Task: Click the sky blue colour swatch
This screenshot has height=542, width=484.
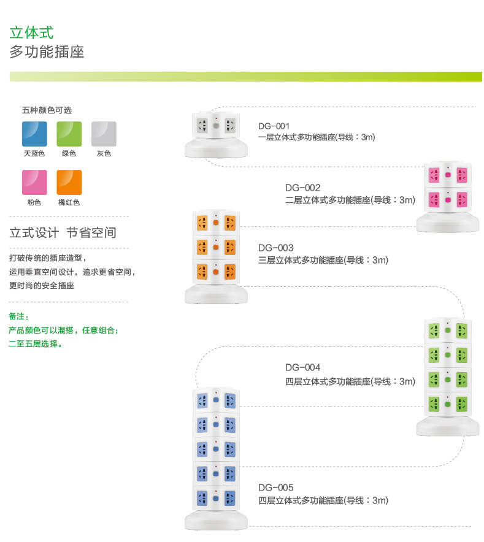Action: [34, 134]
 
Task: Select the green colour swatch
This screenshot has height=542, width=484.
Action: [69, 134]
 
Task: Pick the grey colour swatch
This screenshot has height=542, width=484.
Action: [104, 134]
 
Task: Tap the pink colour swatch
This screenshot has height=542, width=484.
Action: [34, 182]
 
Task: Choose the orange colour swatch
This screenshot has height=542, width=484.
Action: [69, 182]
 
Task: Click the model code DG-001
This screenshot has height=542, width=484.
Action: [274, 126]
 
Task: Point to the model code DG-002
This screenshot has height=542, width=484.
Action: [302, 188]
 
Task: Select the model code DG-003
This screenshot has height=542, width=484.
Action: [275, 248]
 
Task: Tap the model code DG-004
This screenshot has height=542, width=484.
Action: [302, 367]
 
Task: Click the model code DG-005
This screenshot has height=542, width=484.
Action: [275, 487]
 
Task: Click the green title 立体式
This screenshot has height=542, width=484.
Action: [31, 33]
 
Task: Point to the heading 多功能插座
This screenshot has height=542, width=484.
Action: [47, 52]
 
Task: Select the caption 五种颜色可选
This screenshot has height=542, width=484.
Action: [47, 110]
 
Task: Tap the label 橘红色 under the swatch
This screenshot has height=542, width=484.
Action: [69, 202]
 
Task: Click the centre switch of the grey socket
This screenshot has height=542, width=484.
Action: [216, 126]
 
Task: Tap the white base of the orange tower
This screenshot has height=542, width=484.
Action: [216, 294]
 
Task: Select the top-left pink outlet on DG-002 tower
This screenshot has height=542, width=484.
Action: [434, 175]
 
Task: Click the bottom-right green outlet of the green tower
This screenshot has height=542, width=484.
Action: [461, 404]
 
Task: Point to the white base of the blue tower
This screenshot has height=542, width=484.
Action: [216, 520]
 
